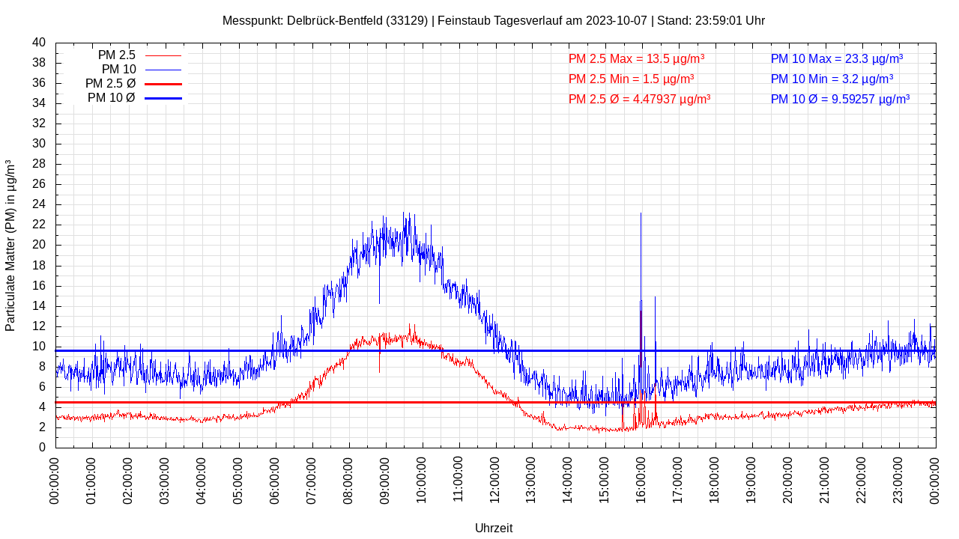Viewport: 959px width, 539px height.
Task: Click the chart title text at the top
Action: [x=493, y=20]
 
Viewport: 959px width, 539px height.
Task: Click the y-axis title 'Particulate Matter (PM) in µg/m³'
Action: [x=10, y=245]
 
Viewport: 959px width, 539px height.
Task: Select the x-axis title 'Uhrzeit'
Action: [x=494, y=528]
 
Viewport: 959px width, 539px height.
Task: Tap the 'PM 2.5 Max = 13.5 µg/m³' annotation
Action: [x=636, y=58]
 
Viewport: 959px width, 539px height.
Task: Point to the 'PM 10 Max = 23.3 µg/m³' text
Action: [x=836, y=58]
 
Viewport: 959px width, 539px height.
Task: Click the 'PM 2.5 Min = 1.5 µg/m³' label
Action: [x=631, y=79]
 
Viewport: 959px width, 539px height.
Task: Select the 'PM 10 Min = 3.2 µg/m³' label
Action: [x=832, y=79]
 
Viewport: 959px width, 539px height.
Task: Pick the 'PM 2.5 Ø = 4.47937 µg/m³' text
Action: [x=639, y=99]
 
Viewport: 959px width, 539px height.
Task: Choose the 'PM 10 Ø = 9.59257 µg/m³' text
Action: [x=840, y=99]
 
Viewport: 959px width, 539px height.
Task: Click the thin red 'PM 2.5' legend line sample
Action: [x=163, y=55]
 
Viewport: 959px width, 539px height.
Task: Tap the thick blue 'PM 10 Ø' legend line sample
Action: [x=163, y=98]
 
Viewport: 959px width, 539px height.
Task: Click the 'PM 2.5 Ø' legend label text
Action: [x=110, y=84]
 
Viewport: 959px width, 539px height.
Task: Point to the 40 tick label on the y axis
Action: [x=39, y=43]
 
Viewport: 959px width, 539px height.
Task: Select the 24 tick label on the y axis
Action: [x=39, y=204]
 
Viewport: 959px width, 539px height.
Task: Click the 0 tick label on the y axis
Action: [x=42, y=448]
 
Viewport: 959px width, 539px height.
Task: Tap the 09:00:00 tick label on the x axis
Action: [x=385, y=479]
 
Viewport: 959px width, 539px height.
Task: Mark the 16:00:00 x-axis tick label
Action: [x=641, y=479]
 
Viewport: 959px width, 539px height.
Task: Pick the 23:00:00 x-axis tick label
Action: [x=898, y=479]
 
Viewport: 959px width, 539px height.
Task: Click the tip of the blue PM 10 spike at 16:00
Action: [x=641, y=214]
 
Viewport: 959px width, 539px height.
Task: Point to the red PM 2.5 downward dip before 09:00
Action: [x=379, y=370]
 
